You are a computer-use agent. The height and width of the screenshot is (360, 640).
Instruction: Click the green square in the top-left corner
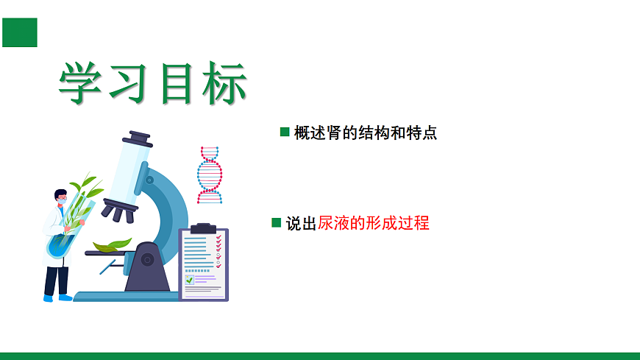pos(19,32)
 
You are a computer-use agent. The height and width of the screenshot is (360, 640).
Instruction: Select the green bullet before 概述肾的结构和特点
pos(285,132)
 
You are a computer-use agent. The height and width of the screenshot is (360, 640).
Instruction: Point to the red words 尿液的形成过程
pos(373,223)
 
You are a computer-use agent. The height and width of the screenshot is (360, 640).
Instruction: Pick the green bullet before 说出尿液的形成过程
pos(277,222)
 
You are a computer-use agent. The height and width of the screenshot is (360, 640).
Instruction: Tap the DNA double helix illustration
pos(210,174)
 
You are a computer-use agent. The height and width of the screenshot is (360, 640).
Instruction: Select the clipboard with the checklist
pos(204,264)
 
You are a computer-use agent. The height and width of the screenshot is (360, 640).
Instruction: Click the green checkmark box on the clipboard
pos(190,280)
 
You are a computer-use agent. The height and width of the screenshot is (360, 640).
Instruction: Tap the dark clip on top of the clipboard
pos(203,227)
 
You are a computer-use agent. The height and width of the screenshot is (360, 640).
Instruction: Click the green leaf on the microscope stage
pos(112,245)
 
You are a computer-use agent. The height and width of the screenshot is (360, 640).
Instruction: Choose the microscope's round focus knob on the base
pos(148,259)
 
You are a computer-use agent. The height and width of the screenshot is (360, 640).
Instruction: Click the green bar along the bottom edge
pos(320,356)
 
